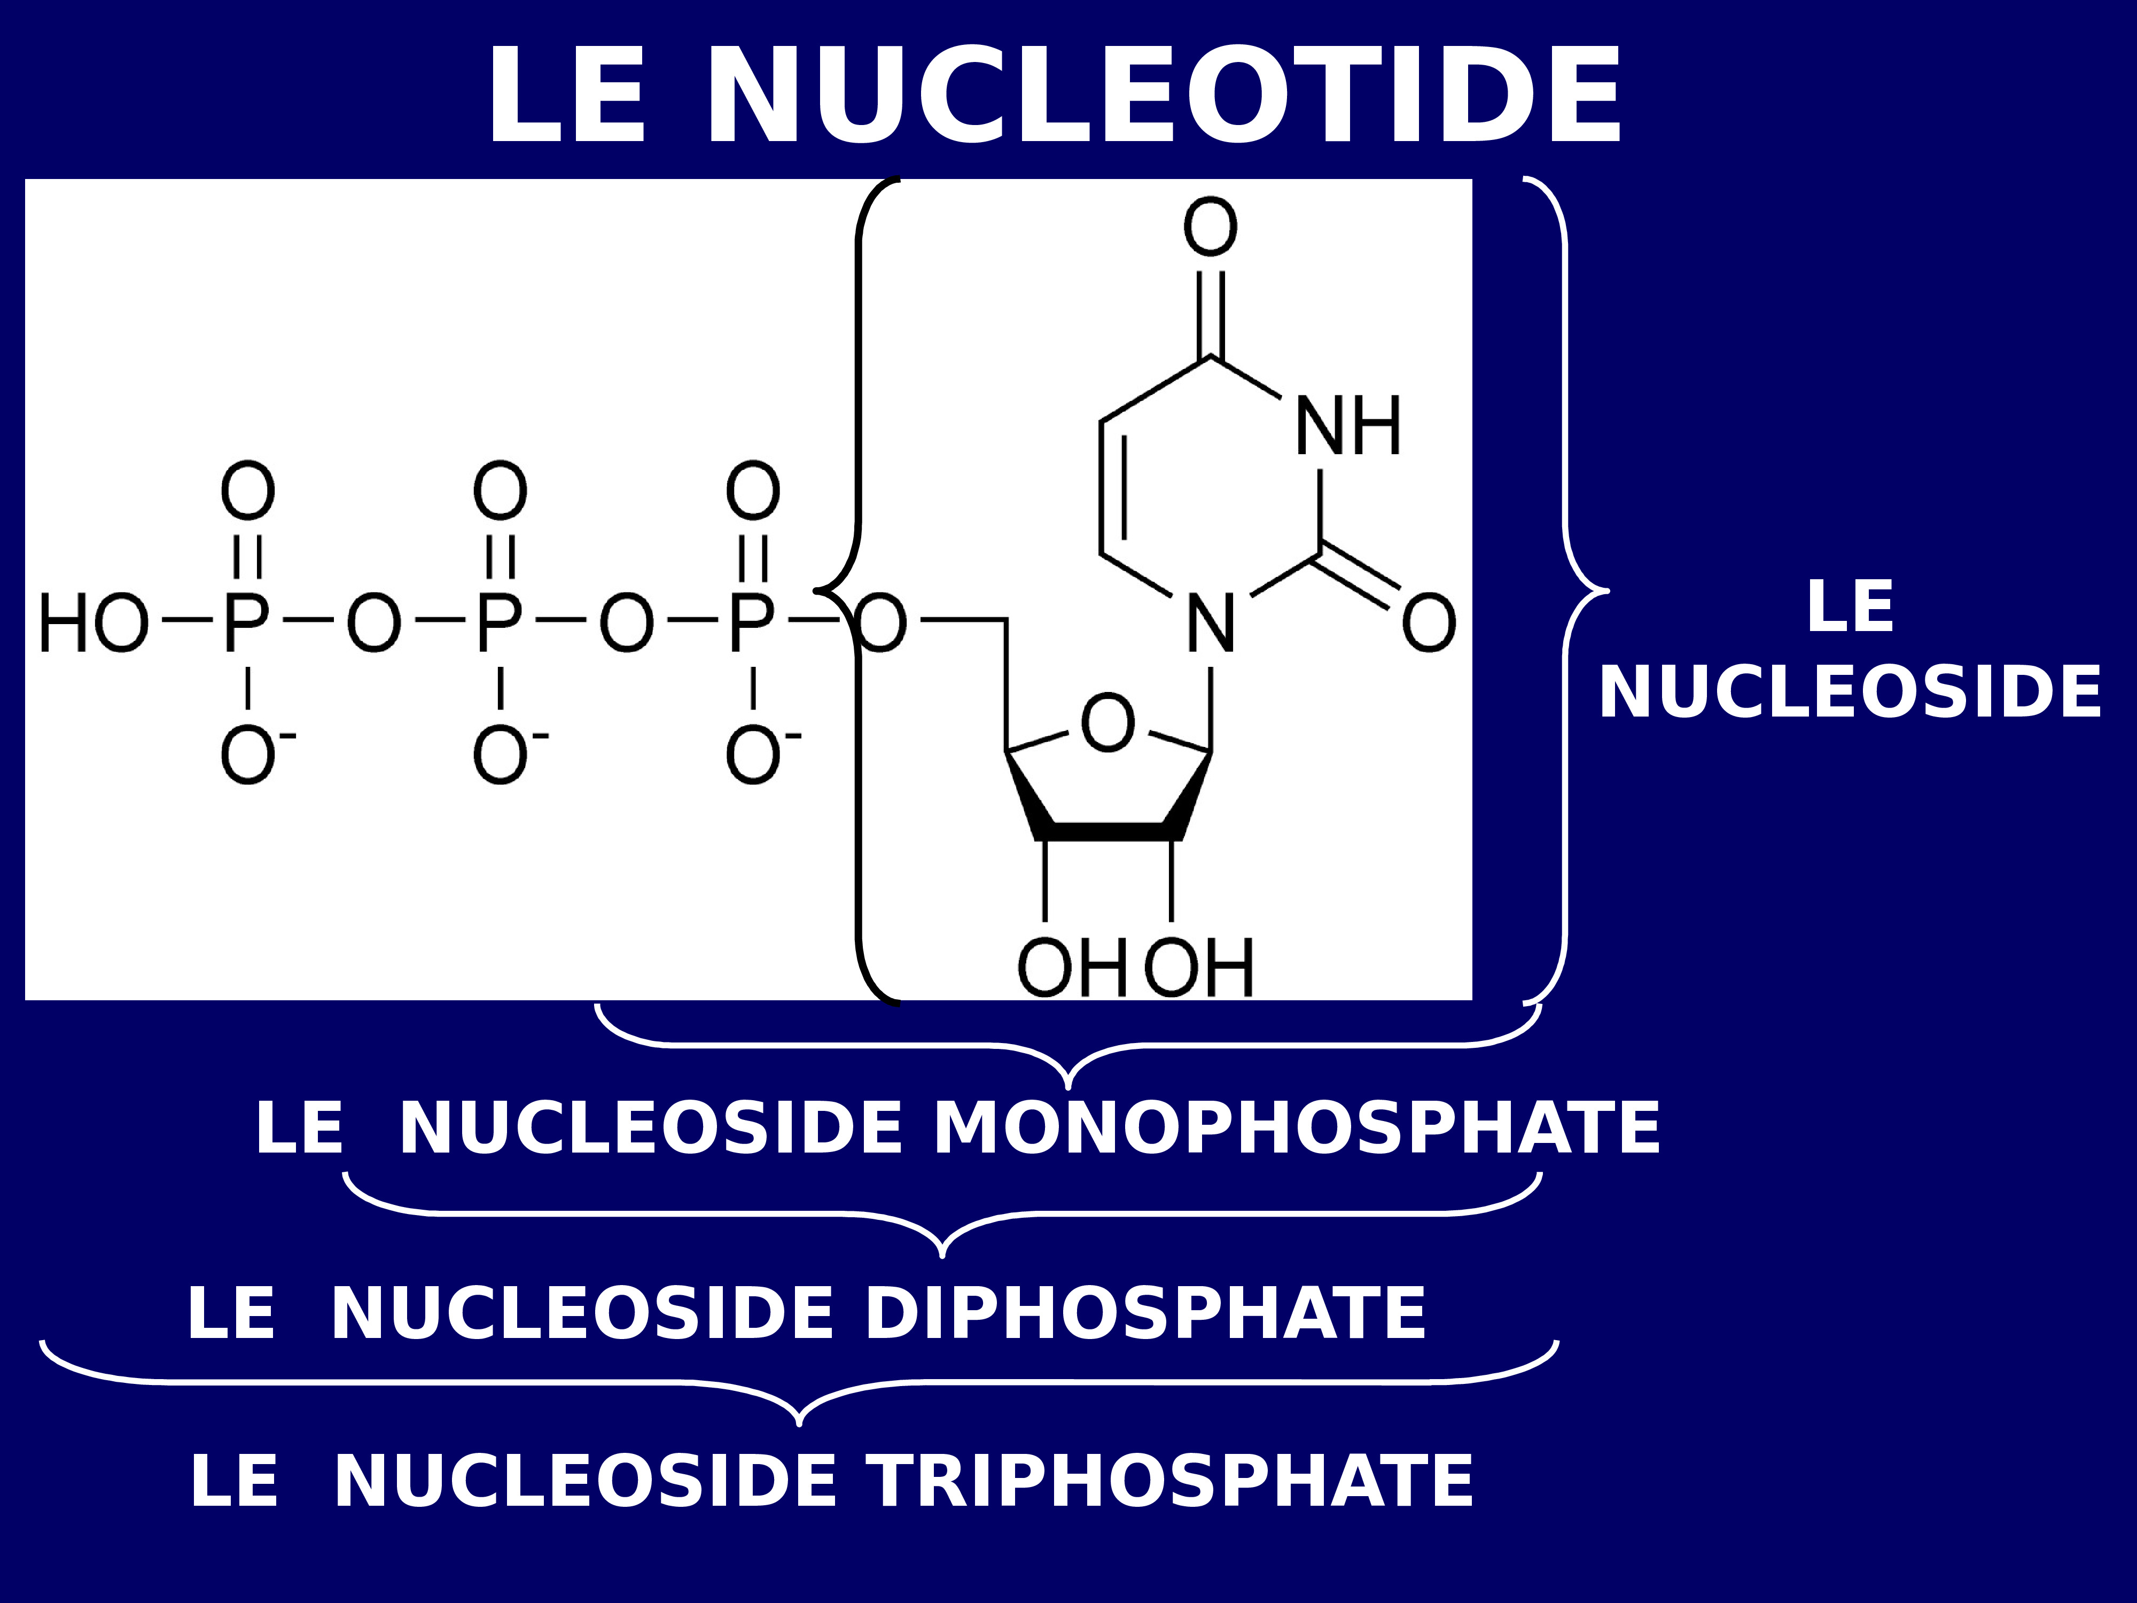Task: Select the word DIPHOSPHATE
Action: pyautogui.click(x=1145, y=1314)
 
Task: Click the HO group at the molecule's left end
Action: pyautogui.click(x=93, y=623)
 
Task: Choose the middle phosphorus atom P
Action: pyautogui.click(x=500, y=623)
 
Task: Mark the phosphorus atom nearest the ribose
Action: pyautogui.click(x=752, y=623)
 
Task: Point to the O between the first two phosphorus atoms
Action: pyautogui.click(x=374, y=623)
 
